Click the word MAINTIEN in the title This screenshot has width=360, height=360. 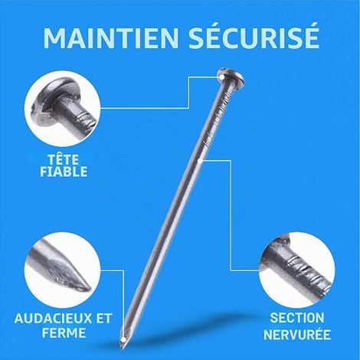(110, 38)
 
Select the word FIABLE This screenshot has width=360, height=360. (64, 172)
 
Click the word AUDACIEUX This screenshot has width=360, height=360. (53, 319)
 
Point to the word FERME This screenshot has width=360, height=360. (64, 332)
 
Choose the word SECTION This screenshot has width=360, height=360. (297, 318)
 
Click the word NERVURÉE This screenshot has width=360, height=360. (297, 335)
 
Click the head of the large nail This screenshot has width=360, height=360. (231, 77)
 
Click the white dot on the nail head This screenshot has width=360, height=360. (222, 77)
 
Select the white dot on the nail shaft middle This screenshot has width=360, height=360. (200, 161)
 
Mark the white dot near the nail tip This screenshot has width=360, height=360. (123, 339)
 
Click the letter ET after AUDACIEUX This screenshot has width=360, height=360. (104, 319)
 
